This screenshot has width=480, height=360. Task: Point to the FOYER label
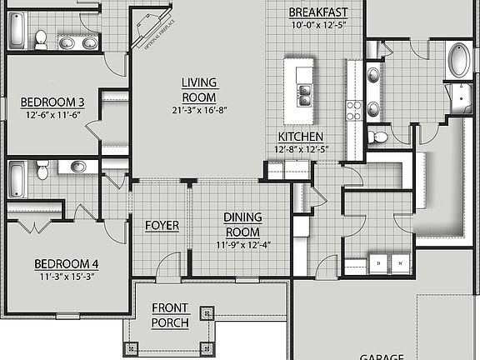pyautogui.click(x=162, y=226)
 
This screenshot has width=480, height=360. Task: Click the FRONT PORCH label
pyautogui.click(x=170, y=315)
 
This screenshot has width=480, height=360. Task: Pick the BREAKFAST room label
pyautogui.click(x=317, y=12)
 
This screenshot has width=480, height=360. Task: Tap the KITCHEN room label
pyautogui.click(x=301, y=137)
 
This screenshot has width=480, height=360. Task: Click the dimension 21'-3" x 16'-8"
pyautogui.click(x=199, y=109)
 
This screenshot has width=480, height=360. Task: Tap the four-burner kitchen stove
pyautogui.click(x=353, y=111)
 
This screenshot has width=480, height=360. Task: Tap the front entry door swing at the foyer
pyautogui.click(x=169, y=265)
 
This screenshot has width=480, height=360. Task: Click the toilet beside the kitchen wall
pyautogui.click(x=378, y=137)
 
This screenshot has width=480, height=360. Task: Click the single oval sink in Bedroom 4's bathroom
pyautogui.click(x=78, y=167)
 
